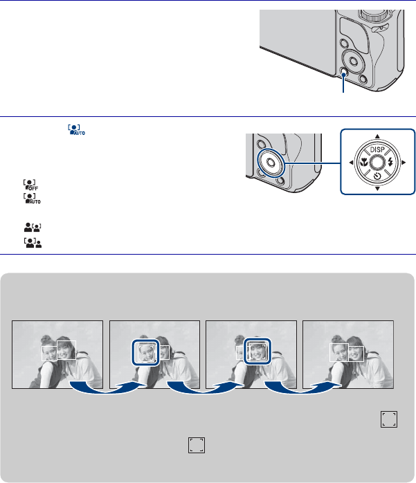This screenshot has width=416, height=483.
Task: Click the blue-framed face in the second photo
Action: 146,352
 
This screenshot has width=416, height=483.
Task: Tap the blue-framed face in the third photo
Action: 257,352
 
